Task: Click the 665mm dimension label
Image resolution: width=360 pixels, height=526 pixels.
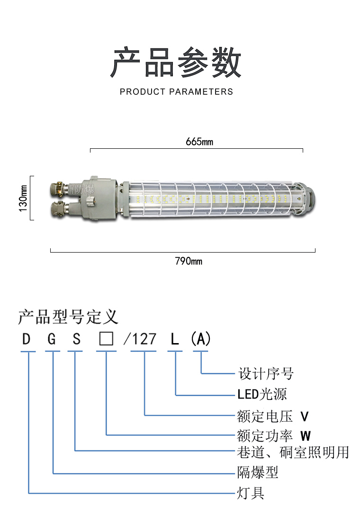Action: [199, 142]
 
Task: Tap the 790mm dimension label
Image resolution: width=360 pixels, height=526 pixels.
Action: [189, 261]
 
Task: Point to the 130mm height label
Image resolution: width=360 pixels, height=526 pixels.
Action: [23, 198]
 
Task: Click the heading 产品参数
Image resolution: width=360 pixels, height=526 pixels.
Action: [176, 63]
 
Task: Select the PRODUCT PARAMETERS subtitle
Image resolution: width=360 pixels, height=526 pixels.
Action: [176, 91]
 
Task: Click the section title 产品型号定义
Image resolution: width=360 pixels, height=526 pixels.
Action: [68, 317]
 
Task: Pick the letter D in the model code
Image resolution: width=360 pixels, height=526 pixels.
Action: [26, 339]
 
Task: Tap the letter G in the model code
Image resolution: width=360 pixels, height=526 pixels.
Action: [52, 339]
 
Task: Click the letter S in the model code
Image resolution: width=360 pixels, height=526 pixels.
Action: [76, 339]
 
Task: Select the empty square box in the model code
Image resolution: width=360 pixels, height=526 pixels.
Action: [106, 339]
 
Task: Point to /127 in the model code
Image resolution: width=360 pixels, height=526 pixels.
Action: [140, 339]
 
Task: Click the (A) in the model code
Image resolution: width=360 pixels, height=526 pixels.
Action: [200, 339]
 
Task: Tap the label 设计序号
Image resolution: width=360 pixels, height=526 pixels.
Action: [266, 373]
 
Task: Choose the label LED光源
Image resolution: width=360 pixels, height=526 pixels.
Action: [262, 394]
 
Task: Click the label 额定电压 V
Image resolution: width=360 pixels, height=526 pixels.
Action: [273, 417]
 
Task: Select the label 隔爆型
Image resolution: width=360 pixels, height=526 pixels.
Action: [257, 472]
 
